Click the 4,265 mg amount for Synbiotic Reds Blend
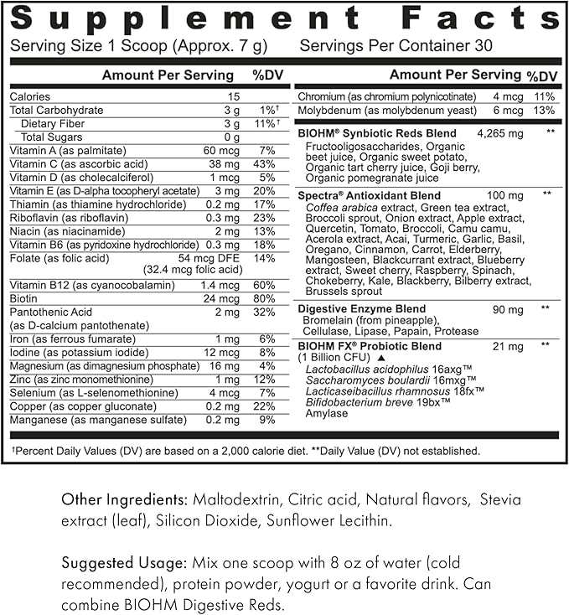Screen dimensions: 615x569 click(x=499, y=133)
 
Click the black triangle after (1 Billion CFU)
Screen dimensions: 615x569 click(x=380, y=357)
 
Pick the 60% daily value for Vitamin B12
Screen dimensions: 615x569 click(x=266, y=286)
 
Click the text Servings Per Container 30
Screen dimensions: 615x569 click(x=396, y=47)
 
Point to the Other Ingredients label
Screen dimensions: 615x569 click(x=118, y=500)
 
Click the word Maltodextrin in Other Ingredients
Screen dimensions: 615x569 click(x=227, y=500)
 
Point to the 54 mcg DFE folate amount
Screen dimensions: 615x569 click(x=215, y=257)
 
